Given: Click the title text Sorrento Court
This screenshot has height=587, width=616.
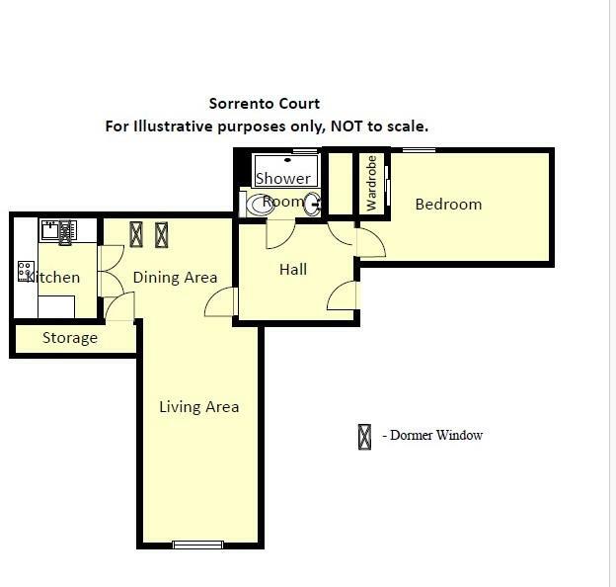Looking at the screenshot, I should pos(264,103).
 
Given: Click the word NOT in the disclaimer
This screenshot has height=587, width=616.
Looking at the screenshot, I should pos(300,126).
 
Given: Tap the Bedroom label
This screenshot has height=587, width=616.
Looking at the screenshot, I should pos(448,205).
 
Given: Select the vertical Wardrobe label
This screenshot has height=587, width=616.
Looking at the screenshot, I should pos(372,183).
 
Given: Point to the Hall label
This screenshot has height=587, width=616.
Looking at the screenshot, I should pos(293,269).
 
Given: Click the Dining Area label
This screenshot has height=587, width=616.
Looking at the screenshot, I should pos(175,278).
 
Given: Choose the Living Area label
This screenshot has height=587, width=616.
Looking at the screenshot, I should pos(199,406).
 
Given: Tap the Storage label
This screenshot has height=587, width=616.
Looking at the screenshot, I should pos(70,338).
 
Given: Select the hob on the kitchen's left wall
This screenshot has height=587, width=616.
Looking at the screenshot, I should pos(26,271).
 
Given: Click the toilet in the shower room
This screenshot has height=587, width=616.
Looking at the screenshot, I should pos(261,205).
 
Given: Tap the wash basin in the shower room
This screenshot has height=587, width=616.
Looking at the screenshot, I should pos(313,205).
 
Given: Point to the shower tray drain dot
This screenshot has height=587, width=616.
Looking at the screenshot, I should pos(289,158).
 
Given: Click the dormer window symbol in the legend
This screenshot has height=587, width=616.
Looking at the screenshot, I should pos(364,436).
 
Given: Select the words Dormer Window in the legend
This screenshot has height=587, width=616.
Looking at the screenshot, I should pos(435,436).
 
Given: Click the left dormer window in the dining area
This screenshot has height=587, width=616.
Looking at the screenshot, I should pos(136,234).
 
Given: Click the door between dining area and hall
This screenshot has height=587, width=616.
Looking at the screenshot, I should pos(223,302).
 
